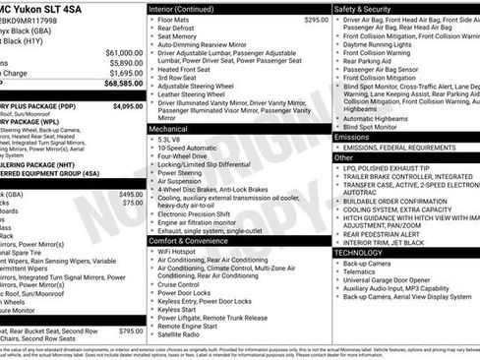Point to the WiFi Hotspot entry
178,252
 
